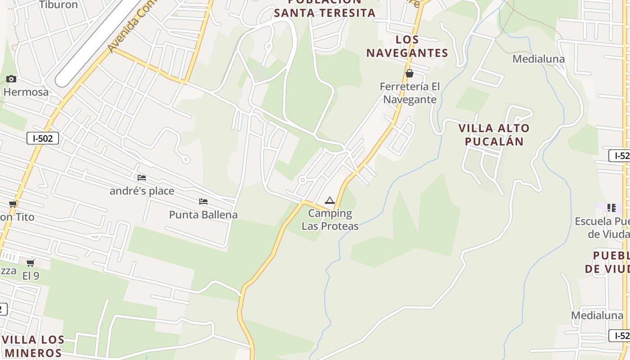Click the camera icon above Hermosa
click(x=11, y=79)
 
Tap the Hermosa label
click(x=26, y=92)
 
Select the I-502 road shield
click(x=43, y=138)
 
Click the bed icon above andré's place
click(x=142, y=178)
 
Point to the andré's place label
click(x=142, y=191)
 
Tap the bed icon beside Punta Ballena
click(x=203, y=202)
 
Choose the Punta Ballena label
click(x=203, y=215)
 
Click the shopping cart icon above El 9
click(x=30, y=263)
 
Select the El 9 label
click(x=31, y=276)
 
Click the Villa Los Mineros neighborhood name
click(x=33, y=346)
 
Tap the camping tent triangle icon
click(x=330, y=201)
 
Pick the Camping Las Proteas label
click(x=330, y=220)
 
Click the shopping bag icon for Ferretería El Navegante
click(x=409, y=73)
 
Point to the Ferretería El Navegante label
click(x=409, y=93)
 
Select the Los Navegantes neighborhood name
click(x=407, y=46)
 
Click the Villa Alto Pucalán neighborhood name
click(x=494, y=135)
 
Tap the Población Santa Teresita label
click(x=324, y=9)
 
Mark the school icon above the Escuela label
click(x=611, y=208)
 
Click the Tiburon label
click(x=58, y=5)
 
